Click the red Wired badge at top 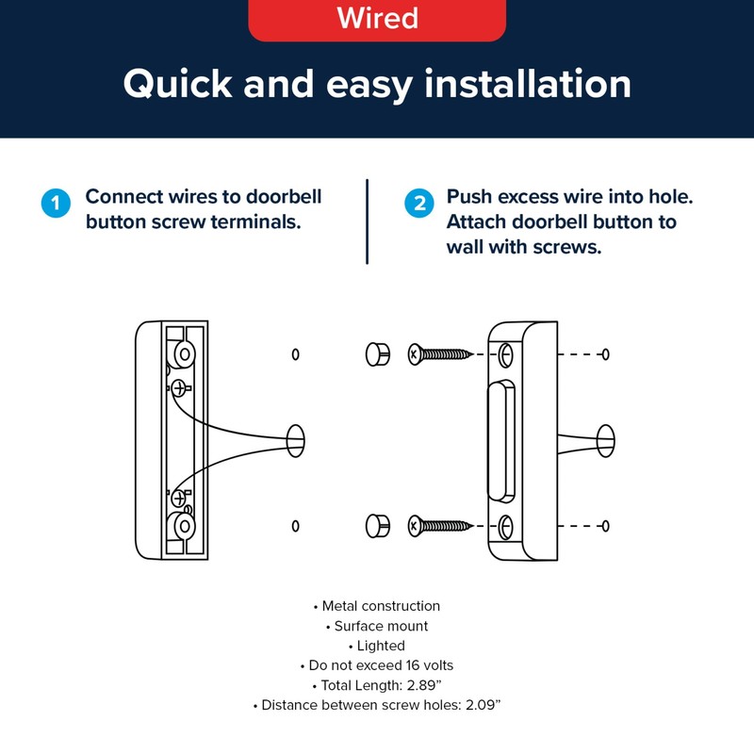(x=377, y=19)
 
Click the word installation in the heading (x=528, y=85)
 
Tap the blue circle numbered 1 (x=56, y=205)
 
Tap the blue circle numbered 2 (x=418, y=205)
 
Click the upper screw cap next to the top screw (x=376, y=354)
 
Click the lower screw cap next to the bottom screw (x=376, y=525)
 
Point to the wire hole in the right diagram (x=605, y=437)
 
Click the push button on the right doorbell (x=500, y=440)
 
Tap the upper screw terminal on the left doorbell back (x=179, y=387)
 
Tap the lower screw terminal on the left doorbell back (x=179, y=497)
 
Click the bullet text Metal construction (x=381, y=606)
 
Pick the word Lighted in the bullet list (x=381, y=646)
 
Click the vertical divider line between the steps (x=367, y=221)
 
